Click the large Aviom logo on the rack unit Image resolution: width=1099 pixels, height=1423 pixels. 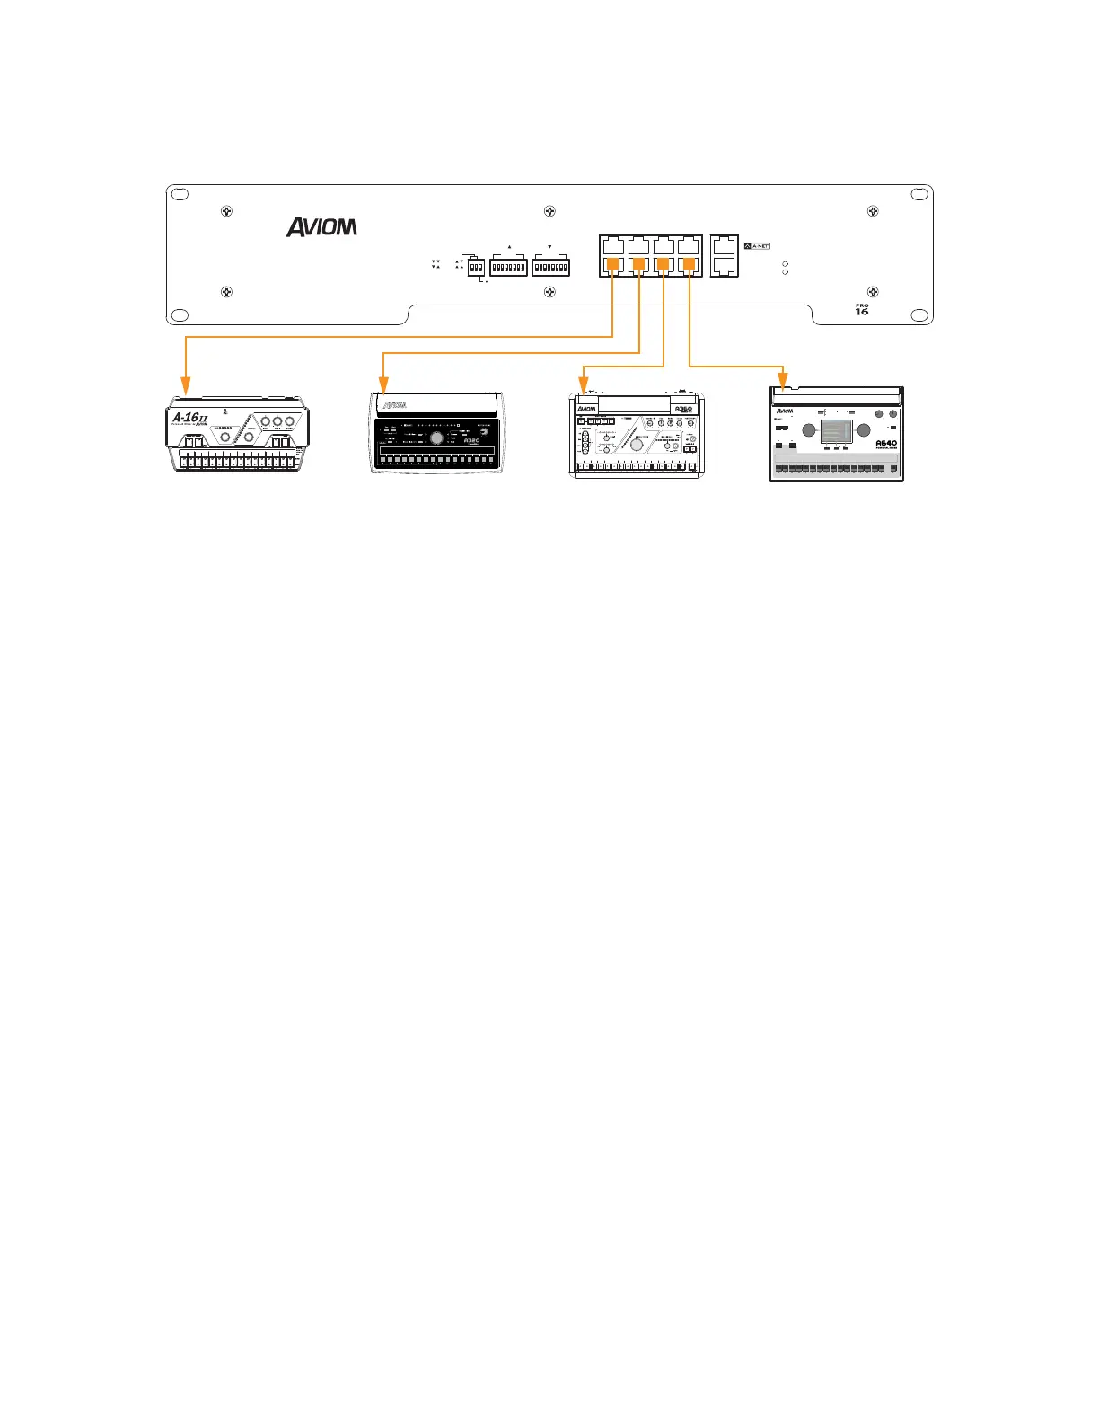click(x=321, y=227)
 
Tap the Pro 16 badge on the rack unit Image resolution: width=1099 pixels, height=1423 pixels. click(x=862, y=309)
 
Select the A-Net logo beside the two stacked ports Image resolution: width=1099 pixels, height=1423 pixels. click(x=757, y=245)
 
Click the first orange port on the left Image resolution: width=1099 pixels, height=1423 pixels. click(x=613, y=264)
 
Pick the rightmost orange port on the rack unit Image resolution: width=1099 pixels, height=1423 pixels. click(x=689, y=264)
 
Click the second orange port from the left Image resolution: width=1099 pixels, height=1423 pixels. click(x=638, y=264)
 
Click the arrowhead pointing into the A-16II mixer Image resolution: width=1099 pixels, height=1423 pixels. click(x=185, y=387)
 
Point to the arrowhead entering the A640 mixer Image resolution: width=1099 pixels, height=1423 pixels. click(x=784, y=384)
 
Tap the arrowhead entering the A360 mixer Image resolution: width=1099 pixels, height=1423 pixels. click(x=583, y=385)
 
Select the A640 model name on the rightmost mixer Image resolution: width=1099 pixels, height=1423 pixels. click(x=885, y=443)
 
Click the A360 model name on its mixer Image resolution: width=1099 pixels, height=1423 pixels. click(x=684, y=409)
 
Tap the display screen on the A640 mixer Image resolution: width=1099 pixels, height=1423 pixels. click(x=836, y=432)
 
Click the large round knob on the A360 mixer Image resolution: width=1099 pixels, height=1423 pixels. click(x=637, y=445)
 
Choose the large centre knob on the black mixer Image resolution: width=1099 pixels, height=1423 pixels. click(x=436, y=438)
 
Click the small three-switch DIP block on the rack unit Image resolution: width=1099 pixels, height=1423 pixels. click(x=476, y=268)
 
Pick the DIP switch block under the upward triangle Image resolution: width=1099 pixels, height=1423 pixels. click(x=508, y=267)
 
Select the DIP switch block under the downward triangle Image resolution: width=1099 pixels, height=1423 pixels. click(x=550, y=267)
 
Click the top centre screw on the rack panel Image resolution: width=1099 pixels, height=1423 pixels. click(x=550, y=211)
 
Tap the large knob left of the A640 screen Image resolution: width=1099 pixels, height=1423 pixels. click(x=809, y=431)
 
